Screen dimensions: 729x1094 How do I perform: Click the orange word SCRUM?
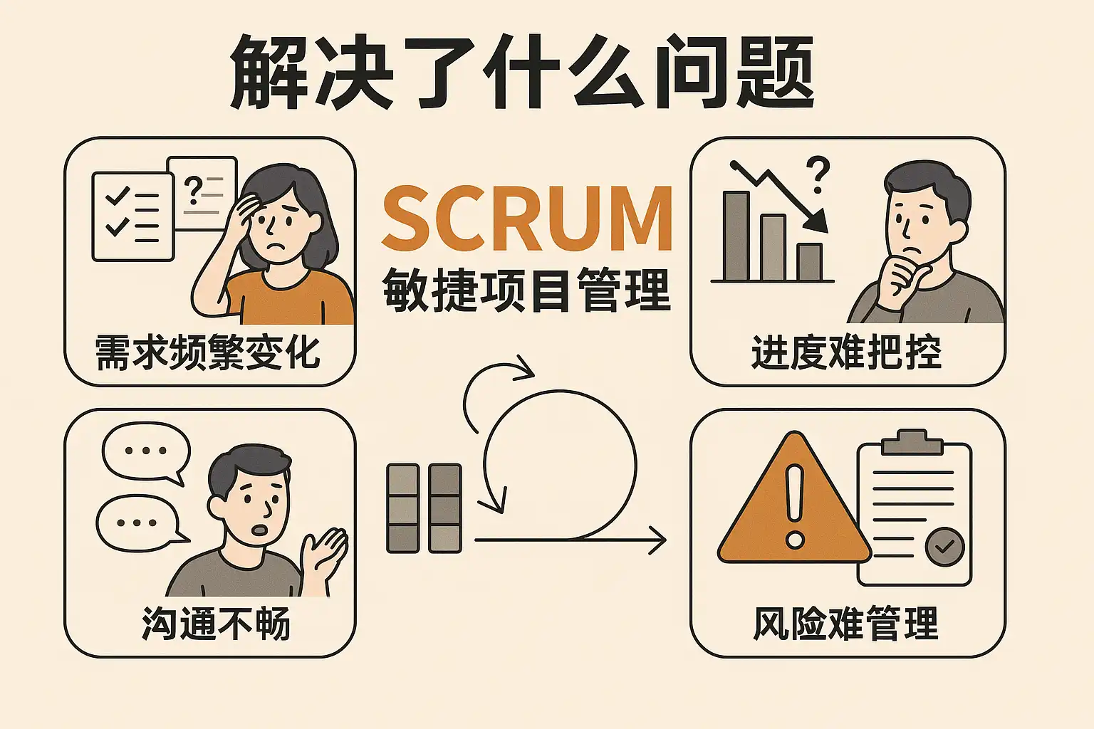pos(527,218)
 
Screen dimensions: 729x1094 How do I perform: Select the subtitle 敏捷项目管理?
pos(527,290)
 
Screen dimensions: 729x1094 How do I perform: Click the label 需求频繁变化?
pos(207,352)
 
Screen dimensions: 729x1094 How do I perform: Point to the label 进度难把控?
pos(846,352)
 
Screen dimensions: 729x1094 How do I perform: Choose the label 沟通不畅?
pos(216,624)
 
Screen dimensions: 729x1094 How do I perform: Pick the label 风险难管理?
pos(846,624)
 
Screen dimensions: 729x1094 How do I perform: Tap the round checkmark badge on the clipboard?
pos(944,546)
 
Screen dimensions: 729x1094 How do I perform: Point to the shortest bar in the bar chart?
pos(810,262)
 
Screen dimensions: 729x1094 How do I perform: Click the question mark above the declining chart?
pos(818,175)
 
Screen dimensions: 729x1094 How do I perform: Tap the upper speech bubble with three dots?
pos(146,451)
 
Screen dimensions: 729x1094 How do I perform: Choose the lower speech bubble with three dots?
pos(137,523)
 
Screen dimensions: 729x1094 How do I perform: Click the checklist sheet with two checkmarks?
pos(132,216)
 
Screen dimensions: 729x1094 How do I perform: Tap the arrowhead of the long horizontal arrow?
pos(658,541)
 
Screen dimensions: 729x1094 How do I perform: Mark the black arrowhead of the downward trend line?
pos(818,222)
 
